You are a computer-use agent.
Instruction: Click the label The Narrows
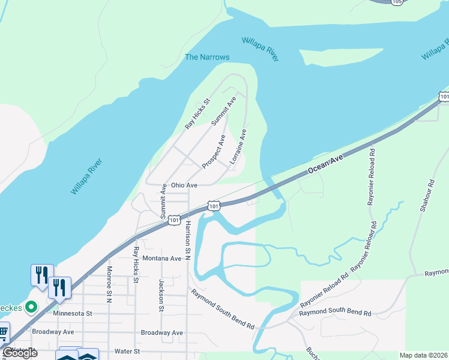(206, 57)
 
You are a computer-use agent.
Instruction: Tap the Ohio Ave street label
(184, 185)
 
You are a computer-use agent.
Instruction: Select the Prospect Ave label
(214, 151)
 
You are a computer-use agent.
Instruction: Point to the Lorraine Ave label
(238, 146)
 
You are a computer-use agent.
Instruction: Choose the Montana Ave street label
(162, 259)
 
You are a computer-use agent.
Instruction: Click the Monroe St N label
(109, 284)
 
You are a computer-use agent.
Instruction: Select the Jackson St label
(161, 295)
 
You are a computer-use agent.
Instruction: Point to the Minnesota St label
(72, 313)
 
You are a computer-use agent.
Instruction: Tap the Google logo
(20, 353)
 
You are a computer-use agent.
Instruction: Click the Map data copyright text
(423, 355)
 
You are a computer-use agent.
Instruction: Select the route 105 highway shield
(396, 2)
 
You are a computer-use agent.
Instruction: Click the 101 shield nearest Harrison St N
(173, 220)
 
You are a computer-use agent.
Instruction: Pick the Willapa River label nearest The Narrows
(260, 49)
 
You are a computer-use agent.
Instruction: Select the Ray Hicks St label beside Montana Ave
(136, 265)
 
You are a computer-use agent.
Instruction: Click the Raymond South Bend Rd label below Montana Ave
(223, 308)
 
